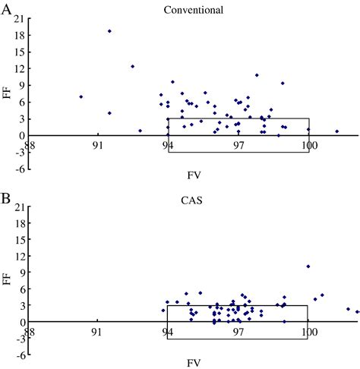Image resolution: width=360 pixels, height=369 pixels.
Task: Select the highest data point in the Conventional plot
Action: [109, 31]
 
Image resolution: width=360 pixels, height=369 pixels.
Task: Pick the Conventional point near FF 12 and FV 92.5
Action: [132, 66]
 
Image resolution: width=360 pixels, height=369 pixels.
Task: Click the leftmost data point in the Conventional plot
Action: [81, 96]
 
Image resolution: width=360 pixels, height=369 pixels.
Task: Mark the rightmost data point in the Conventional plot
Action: [337, 131]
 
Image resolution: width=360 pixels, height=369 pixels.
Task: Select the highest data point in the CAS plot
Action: [308, 266]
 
